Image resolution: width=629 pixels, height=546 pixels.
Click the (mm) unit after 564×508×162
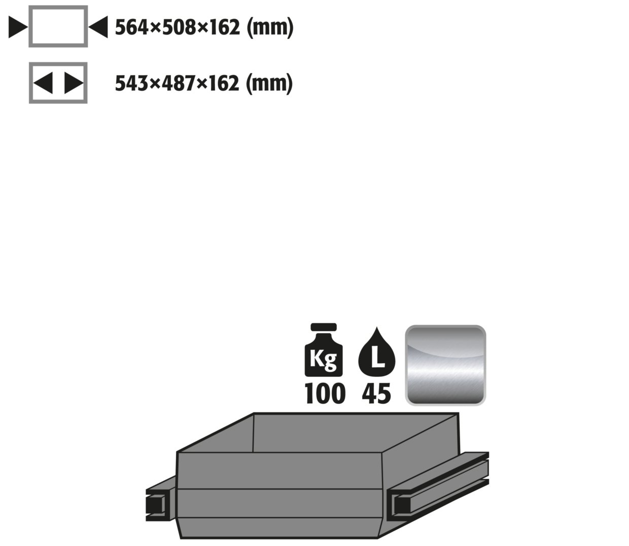(x=270, y=27)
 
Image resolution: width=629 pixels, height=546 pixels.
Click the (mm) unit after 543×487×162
(x=269, y=83)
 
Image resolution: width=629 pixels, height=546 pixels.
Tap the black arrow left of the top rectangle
(x=18, y=27)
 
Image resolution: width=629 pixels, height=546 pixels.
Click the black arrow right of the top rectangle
(x=98, y=27)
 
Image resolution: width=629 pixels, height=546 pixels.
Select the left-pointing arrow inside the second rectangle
(x=43, y=83)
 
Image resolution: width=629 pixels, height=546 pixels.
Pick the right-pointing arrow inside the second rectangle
(x=74, y=83)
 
